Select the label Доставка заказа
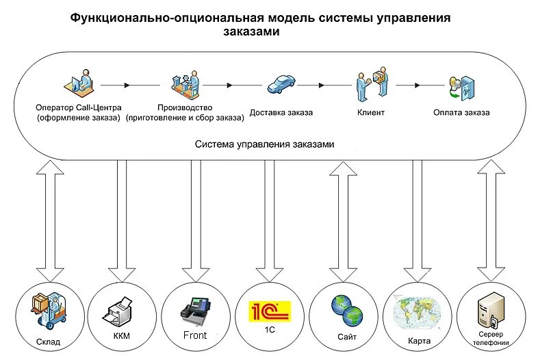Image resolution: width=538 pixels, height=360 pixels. tap(281, 112)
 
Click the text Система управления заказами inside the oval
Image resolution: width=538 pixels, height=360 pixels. tap(264, 145)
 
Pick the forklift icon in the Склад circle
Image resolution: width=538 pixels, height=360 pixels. tap(49, 309)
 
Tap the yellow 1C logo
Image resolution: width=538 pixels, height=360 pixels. tap(268, 311)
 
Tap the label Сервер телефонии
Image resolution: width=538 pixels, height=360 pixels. tap(493, 338)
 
